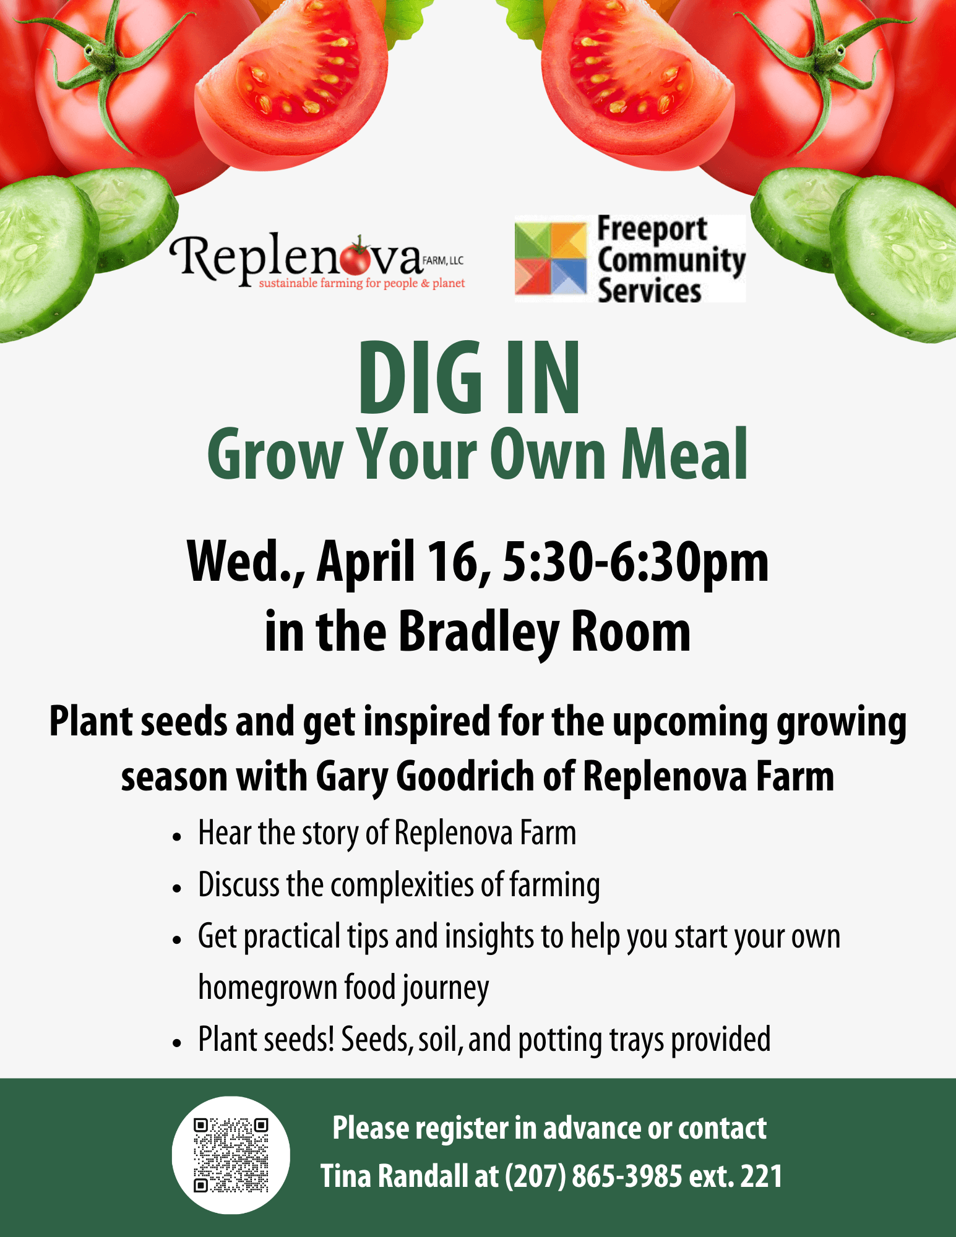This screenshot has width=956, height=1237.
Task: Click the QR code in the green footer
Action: point(231,1155)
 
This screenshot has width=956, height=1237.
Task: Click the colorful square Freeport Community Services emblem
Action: point(551,259)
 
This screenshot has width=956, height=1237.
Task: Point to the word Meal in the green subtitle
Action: point(684,455)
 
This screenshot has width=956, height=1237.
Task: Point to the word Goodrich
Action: point(465,776)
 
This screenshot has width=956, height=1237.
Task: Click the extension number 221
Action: point(762,1176)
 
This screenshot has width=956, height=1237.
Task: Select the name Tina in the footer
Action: point(346,1176)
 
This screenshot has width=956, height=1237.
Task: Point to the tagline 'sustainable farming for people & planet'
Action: point(361,284)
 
